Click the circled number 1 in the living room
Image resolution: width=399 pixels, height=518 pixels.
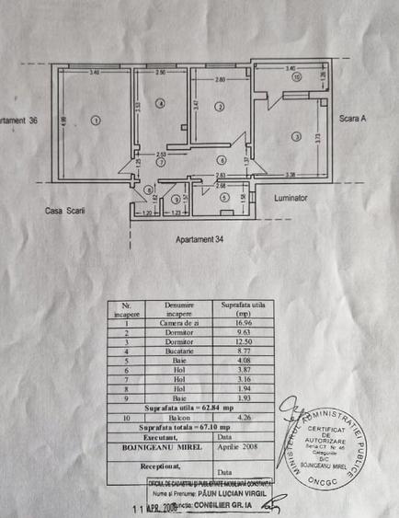click(x=96, y=120)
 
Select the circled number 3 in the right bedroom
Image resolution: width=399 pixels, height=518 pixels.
click(x=296, y=136)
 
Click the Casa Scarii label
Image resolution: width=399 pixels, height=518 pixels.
click(x=64, y=211)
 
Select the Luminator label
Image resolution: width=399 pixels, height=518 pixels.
click(x=291, y=198)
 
